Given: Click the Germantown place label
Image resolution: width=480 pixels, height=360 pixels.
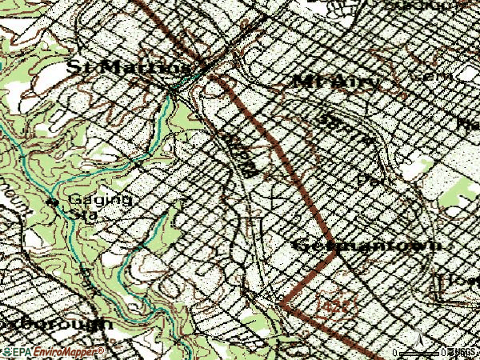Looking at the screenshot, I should [367, 246].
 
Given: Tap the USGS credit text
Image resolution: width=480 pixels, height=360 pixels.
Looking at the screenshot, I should [462, 353].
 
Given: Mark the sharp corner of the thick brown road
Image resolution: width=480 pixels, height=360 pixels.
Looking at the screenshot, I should [282, 303].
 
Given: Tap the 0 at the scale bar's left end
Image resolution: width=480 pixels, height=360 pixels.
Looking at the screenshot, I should [395, 353].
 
